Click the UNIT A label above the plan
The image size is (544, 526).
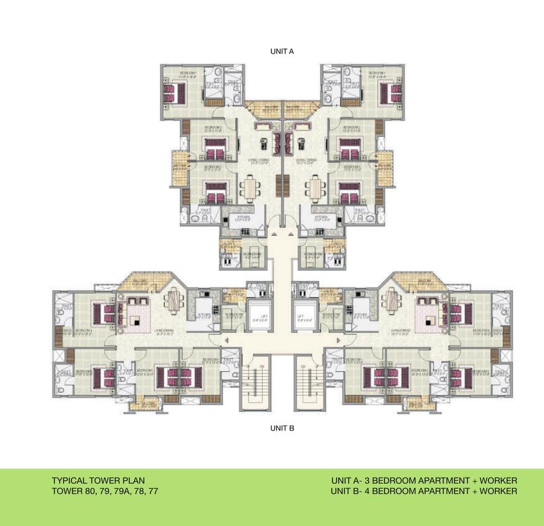[282, 51]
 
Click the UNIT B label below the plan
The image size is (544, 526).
[282, 428]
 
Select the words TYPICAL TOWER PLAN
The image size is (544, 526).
[98, 481]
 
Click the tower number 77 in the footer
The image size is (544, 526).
[154, 492]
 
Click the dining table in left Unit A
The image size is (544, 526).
[249, 188]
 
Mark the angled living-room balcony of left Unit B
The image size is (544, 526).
[139, 281]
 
